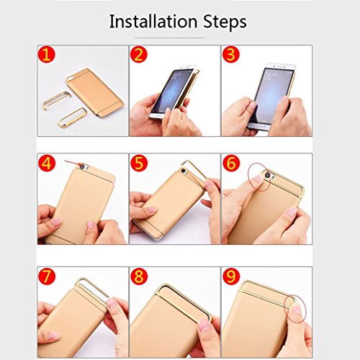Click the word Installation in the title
(x=153, y=22)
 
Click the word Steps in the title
(x=225, y=22)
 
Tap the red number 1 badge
(x=47, y=54)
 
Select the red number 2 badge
(x=139, y=54)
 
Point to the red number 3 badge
(x=231, y=54)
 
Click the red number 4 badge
(x=47, y=163)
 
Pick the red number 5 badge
(x=139, y=163)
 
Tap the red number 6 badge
(x=231, y=163)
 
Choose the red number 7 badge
(x=47, y=276)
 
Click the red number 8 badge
(x=139, y=276)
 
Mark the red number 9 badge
(x=231, y=276)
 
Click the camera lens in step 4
(x=83, y=166)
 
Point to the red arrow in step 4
(x=73, y=163)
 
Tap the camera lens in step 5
(x=184, y=171)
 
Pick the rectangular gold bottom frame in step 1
(x=73, y=117)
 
